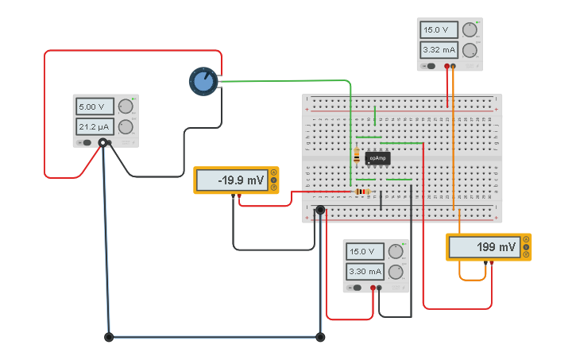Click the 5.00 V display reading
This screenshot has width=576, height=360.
tap(95, 106)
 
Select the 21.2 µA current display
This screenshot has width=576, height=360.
tap(95, 126)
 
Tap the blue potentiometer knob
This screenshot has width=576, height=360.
tap(203, 80)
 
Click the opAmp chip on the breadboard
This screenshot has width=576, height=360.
tap(377, 158)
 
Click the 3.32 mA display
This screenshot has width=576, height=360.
tap(439, 50)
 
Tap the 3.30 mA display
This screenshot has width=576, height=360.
tap(365, 271)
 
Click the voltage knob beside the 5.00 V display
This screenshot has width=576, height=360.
tap(126, 106)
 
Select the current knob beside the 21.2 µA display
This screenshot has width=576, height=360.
tap(126, 126)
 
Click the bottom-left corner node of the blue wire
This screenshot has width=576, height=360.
tap(109, 337)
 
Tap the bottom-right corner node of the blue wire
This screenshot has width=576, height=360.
tap(320, 337)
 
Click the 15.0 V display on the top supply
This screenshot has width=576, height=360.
tap(439, 30)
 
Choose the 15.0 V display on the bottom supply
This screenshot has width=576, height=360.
tap(365, 252)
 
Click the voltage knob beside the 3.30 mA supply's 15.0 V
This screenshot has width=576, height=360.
tap(396, 252)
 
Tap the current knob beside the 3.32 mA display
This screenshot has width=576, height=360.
tap(470, 50)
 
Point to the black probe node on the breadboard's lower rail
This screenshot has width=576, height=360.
tap(320, 211)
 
